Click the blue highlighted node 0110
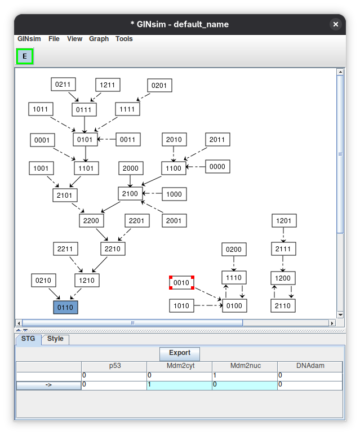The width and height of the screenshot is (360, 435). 65,308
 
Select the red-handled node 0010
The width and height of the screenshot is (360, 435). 181,283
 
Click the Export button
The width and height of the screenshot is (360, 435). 180,353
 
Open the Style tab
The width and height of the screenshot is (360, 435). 55,339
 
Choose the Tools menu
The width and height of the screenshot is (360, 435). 124,39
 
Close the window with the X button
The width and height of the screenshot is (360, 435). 336,24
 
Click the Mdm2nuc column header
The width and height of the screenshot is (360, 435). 245,366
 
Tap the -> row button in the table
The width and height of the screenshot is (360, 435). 48,385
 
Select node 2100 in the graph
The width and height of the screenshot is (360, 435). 130,194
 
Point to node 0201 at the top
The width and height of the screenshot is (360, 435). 159,86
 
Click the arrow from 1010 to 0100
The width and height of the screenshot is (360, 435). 208,305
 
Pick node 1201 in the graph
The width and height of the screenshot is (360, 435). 284,221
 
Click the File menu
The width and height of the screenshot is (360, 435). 54,39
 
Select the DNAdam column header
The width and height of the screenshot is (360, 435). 310,366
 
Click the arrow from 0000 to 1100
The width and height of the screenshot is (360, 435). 196,167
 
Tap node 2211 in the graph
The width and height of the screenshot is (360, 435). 65,249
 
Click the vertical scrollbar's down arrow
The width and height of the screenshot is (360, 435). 340,314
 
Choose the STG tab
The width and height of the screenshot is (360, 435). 28,339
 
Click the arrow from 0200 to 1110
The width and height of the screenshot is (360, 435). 234,263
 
